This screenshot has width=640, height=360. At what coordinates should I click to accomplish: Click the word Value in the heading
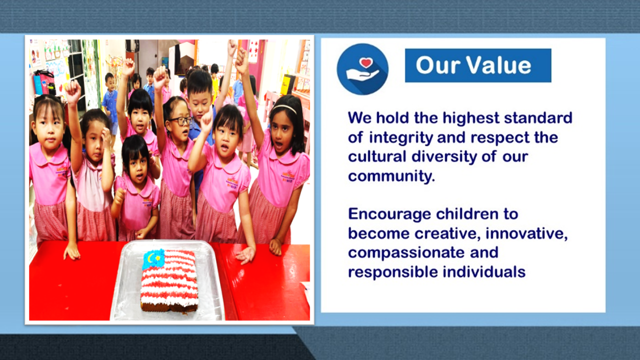point(499,65)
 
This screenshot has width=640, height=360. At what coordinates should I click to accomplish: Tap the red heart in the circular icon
point(366,62)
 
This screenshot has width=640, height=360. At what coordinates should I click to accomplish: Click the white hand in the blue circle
point(361,75)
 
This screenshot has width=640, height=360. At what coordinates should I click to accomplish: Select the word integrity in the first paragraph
point(401,138)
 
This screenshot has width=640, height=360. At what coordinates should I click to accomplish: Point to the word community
point(391,176)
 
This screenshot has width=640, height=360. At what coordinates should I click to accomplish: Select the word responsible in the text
point(393,272)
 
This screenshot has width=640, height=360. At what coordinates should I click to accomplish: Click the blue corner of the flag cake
point(153,259)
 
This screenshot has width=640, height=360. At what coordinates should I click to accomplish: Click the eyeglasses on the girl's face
point(180,121)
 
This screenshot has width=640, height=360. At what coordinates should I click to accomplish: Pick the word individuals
point(484,271)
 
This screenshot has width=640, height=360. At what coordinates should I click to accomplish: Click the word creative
point(447,233)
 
